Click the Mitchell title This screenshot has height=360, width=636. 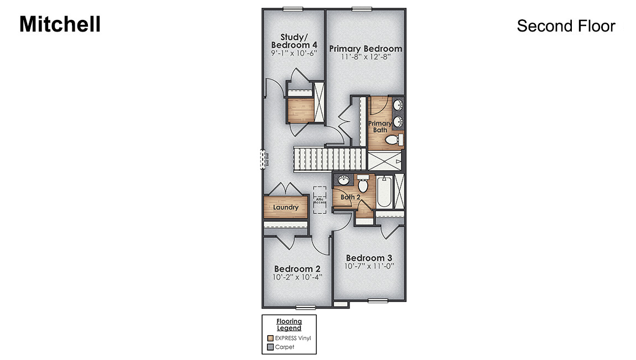(60, 24)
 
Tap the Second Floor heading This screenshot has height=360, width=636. (566, 26)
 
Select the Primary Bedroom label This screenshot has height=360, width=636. (366, 49)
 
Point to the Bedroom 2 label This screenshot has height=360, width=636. (297, 269)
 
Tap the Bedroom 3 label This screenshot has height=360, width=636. (369, 258)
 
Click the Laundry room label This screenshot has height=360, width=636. (286, 207)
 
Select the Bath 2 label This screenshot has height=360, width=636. (351, 197)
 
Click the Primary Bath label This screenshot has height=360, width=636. (380, 127)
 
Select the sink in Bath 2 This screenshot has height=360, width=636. (343, 180)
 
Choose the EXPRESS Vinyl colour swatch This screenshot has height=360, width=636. (270, 338)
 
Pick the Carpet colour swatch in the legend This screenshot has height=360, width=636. (270, 347)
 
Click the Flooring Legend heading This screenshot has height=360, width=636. (289, 325)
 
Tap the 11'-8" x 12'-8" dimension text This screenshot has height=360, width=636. (366, 58)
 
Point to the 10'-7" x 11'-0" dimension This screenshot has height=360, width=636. (369, 267)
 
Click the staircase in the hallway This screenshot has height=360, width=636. (328, 159)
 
